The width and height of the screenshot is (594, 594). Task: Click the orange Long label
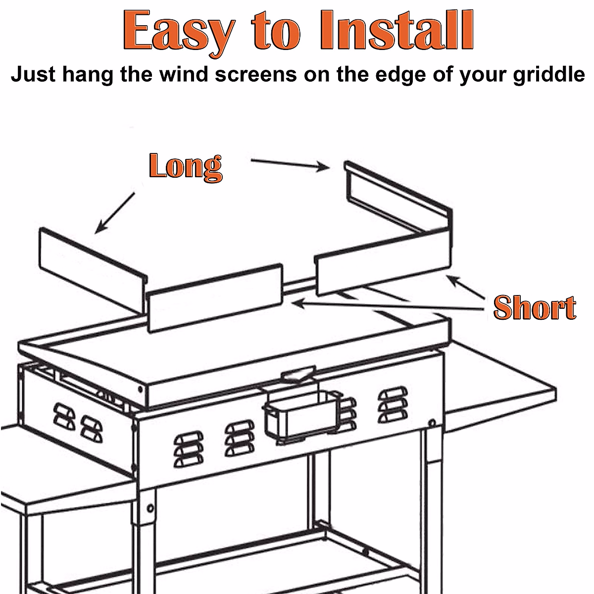point(185,167)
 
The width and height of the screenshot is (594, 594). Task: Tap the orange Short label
point(535,308)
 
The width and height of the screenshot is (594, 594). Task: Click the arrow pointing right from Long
point(290,164)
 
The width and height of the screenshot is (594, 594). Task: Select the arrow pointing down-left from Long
point(115,213)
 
